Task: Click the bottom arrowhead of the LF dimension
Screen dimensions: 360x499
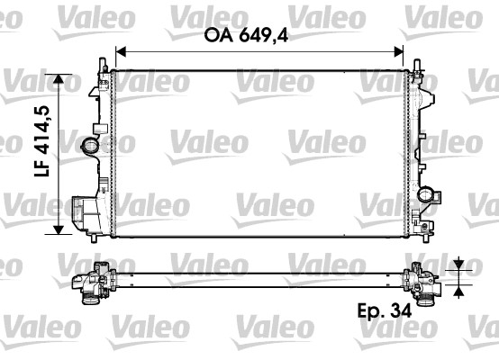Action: point(60,229)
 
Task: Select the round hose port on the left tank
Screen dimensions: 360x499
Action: point(89,145)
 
